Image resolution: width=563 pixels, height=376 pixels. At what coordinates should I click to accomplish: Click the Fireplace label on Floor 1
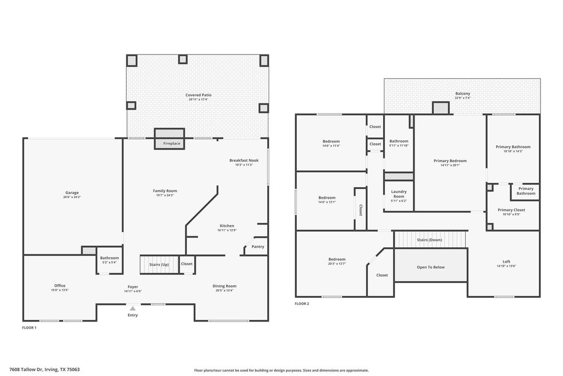(x=172, y=144)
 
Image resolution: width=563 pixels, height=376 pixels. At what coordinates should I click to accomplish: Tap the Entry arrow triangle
(x=133, y=308)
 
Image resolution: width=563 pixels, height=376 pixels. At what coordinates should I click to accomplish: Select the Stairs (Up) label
(x=159, y=265)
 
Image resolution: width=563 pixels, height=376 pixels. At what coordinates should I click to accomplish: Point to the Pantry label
(x=258, y=247)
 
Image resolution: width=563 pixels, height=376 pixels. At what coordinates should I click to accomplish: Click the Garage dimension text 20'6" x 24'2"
(x=72, y=197)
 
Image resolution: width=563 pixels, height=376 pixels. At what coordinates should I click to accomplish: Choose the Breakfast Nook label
(x=244, y=160)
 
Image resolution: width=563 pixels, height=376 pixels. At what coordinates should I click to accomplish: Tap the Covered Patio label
(x=198, y=95)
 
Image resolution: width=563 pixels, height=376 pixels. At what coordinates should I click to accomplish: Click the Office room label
(x=59, y=286)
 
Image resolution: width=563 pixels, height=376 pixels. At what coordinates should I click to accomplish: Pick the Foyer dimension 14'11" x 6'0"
(x=133, y=291)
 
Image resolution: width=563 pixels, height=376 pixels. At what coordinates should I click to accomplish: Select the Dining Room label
(x=224, y=286)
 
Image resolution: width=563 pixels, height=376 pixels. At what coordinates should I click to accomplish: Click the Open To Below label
(x=430, y=267)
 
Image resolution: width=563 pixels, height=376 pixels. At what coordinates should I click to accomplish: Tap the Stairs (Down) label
(x=429, y=240)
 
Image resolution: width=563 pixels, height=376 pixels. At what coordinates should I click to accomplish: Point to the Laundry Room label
(x=399, y=194)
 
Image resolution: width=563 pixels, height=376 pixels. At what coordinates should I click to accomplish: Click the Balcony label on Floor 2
(x=462, y=94)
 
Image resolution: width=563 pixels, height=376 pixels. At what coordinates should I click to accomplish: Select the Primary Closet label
(x=511, y=210)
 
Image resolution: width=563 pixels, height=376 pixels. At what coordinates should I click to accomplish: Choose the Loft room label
(x=506, y=261)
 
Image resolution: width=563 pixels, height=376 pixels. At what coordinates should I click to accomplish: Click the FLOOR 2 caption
(x=302, y=304)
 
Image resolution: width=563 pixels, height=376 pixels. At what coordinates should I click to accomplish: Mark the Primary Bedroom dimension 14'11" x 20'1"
(x=450, y=165)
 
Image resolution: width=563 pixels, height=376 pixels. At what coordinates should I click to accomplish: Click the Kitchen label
(x=227, y=226)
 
